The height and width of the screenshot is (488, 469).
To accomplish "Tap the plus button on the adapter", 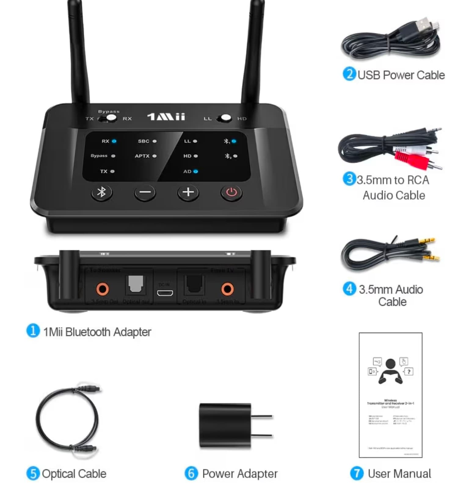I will pyautogui.click(x=188, y=192).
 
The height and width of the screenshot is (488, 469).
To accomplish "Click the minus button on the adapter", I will pyautogui.click(x=145, y=192).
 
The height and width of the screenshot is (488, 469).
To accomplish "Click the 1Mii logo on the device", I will pyautogui.click(x=166, y=117).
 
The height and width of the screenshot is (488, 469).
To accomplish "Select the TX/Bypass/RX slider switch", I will pyautogui.click(x=108, y=118).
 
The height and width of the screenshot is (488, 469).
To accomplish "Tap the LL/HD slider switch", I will pyautogui.click(x=224, y=118).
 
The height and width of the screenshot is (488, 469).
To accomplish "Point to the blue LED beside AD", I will pyautogui.click(x=196, y=171).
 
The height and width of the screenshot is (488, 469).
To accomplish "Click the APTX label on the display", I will pyautogui.click(x=142, y=156).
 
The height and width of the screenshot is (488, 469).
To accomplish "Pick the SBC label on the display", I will pyautogui.click(x=144, y=141).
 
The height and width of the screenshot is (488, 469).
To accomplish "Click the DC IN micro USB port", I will pyautogui.click(x=165, y=293).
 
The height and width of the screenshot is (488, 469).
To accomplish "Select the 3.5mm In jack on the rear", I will pyautogui.click(x=227, y=289).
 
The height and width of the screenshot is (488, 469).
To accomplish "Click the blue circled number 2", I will pyautogui.click(x=349, y=74).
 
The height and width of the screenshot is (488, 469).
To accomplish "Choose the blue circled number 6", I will pyautogui.click(x=191, y=473).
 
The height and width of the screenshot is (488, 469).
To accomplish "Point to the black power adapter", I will pyautogui.click(x=225, y=426).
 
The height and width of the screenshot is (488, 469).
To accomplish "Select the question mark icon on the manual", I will pyautogui.click(x=409, y=371).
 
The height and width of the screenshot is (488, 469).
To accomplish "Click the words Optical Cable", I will pyautogui.click(x=74, y=474).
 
